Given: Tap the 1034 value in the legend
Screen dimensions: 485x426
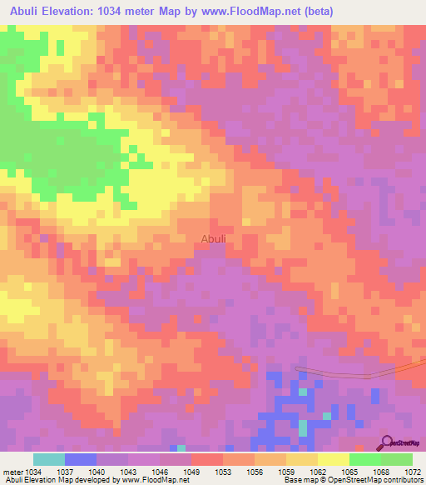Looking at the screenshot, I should pos(33,471).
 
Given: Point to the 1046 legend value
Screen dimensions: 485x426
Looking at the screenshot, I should pos(129,471).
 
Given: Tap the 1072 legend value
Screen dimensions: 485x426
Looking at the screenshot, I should pos(412,471).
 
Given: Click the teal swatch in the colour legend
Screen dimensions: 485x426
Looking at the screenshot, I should pos(49,459).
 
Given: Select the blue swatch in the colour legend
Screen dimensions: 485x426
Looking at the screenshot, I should pos(81,459).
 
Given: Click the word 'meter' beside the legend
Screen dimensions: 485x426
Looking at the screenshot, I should pos(12,471).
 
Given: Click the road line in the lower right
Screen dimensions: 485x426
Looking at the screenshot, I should pos(349,374).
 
